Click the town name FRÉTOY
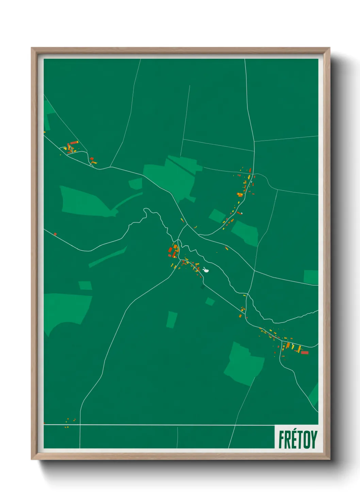298,439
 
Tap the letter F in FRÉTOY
282,439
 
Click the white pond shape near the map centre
206,270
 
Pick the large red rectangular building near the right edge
305,352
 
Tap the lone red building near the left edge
55,234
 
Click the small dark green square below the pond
203,287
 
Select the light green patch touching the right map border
311,277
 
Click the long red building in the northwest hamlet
74,143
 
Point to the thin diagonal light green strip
108,257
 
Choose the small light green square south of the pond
210,301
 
